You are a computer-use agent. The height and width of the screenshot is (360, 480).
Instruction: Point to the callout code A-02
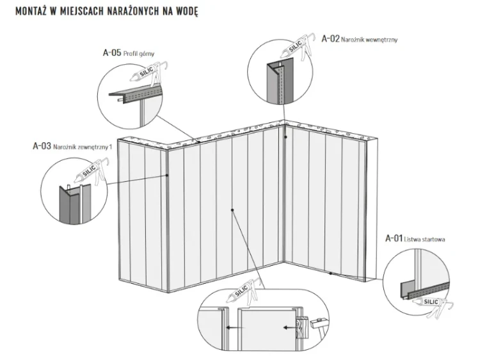pos(330,39)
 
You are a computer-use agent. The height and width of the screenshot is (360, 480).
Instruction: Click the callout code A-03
pos(42,146)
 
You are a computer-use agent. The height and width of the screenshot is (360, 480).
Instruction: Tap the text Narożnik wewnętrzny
pos(370,40)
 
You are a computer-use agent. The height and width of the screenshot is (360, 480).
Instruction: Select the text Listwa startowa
pos(425,240)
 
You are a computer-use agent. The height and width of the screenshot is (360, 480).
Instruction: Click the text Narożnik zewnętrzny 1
pos(83,147)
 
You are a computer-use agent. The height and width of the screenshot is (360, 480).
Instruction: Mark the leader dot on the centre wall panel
pos(233,209)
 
